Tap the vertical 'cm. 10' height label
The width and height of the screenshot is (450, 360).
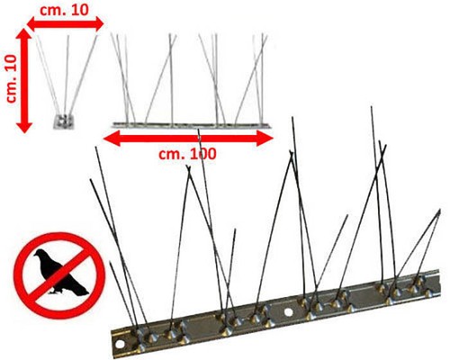pyautogui.click(x=13, y=78)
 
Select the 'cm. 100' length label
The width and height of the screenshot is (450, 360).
pyautogui.click(x=187, y=154)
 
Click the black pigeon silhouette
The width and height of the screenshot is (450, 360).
pyautogui.click(x=60, y=273)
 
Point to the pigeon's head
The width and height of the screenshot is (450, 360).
pyautogui.click(x=39, y=254)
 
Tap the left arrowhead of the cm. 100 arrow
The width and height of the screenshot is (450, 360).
pyautogui.click(x=112, y=139)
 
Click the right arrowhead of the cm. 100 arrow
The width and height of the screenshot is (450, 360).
pyautogui.click(x=265, y=139)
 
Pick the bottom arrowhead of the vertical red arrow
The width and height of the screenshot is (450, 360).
pyautogui.click(x=23, y=125)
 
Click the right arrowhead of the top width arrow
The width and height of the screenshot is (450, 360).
pyautogui.click(x=95, y=23)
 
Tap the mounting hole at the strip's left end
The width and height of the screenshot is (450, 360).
pyautogui.click(x=121, y=343)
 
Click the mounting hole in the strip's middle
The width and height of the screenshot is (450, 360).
pyautogui.click(x=288, y=312)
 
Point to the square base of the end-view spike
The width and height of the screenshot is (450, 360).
pyautogui.click(x=64, y=121)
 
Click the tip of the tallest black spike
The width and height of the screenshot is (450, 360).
pyautogui.click(x=372, y=107)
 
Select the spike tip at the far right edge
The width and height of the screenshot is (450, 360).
pyautogui.click(x=439, y=211)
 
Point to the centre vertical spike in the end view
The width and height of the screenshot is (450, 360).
pyautogui.click(x=67, y=74)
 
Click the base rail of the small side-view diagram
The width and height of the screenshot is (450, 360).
pyautogui.click(x=192, y=125)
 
